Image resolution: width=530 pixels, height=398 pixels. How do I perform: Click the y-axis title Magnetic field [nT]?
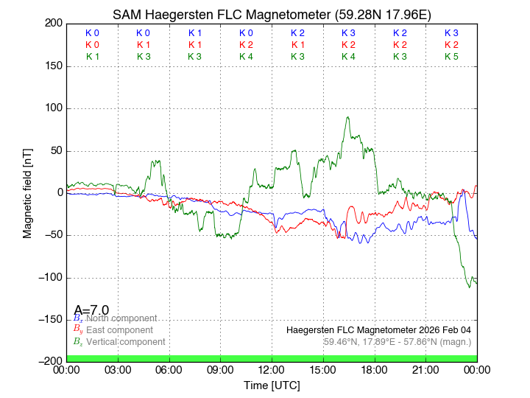click(28, 192)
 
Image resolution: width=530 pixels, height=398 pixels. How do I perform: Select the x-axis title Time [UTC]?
click(272, 385)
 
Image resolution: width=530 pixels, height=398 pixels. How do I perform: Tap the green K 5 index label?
click(451, 57)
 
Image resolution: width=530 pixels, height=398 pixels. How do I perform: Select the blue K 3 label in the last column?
click(451, 33)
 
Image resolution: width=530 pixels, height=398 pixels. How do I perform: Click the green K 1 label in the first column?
click(92, 57)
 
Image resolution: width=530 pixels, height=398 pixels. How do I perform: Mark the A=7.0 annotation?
click(91, 310)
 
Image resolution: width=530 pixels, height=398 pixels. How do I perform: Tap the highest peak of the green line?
click(347, 117)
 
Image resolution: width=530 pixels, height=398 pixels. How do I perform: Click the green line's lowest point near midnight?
click(470, 287)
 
